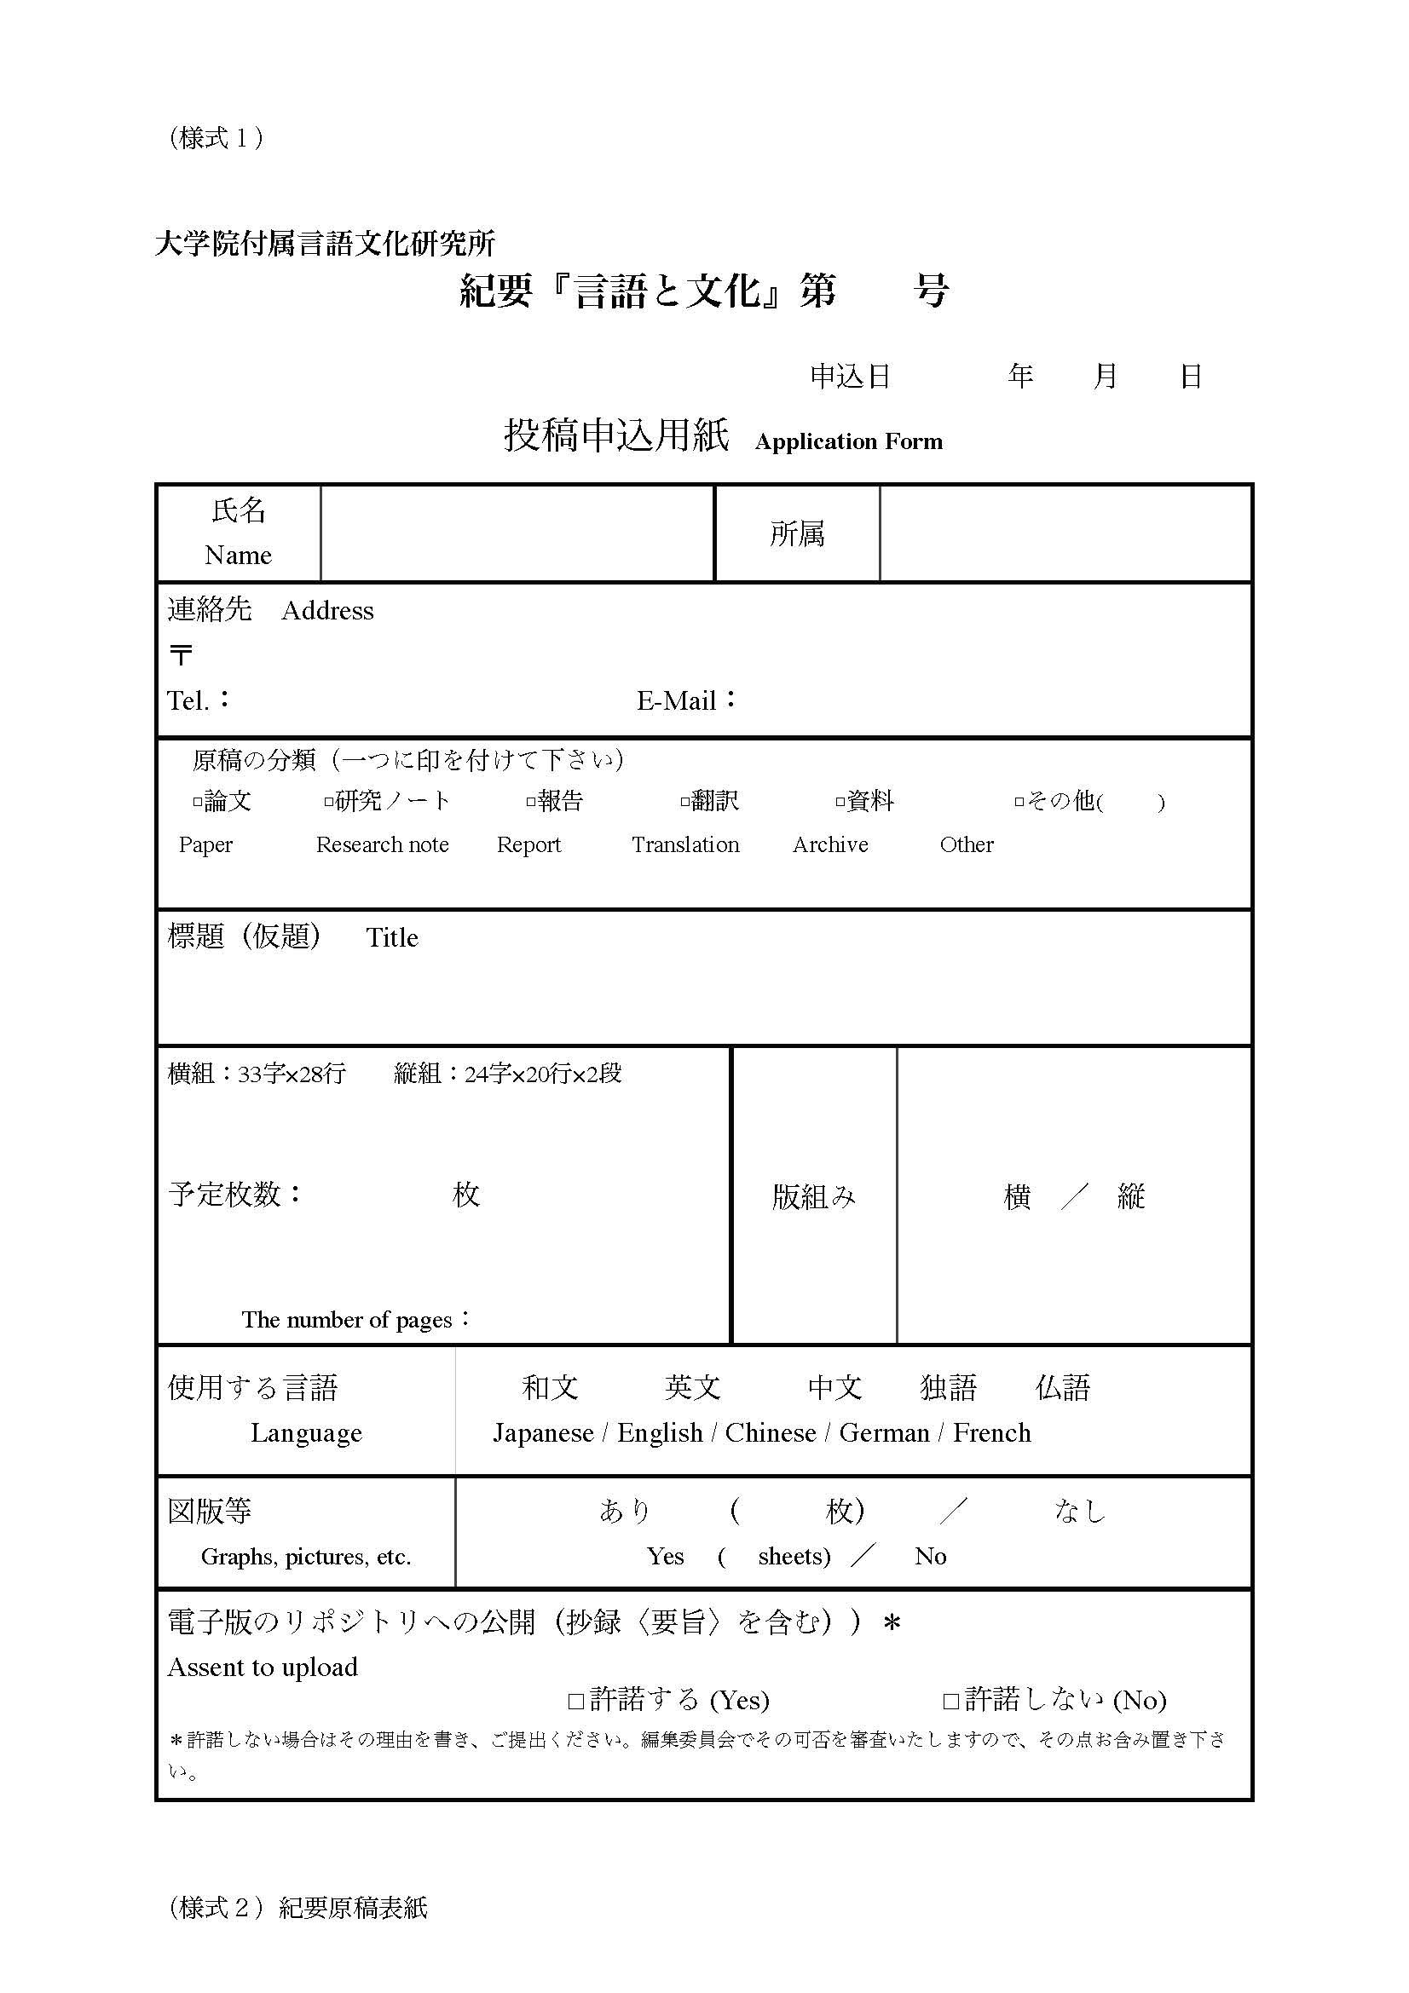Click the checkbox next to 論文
click(197, 802)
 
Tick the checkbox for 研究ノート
click(328, 802)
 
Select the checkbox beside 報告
click(530, 802)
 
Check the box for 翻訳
click(684, 802)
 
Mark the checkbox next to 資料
click(840, 802)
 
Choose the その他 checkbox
click(1019, 802)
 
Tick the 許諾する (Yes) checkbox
click(575, 1702)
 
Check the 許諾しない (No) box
click(950, 1702)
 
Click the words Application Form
click(848, 442)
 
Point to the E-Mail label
click(677, 700)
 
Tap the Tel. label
click(188, 700)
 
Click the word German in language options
click(884, 1433)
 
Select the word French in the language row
click(991, 1433)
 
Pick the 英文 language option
click(692, 1388)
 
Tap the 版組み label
click(813, 1197)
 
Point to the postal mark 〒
click(181, 654)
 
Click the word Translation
click(685, 844)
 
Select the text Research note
click(382, 844)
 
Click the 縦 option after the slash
click(1130, 1197)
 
